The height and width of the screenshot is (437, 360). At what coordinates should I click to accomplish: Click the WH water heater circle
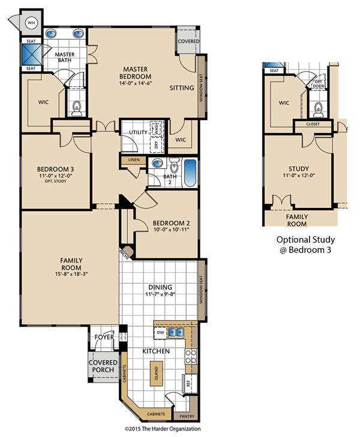(x=32, y=23)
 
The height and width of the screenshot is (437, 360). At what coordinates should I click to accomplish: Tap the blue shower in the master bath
(x=32, y=55)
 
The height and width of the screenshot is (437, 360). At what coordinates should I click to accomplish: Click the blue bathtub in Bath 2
(x=190, y=173)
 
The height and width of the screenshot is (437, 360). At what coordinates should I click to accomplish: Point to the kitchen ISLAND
(x=157, y=373)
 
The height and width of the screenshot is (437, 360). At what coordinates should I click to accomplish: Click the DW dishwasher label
(x=160, y=332)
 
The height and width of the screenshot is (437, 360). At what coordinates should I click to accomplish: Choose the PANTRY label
(x=187, y=416)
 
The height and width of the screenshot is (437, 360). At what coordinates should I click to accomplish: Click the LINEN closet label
(x=133, y=160)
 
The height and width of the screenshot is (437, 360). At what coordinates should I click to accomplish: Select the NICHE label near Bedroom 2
(x=124, y=254)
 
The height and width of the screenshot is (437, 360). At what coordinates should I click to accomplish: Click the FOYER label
(x=104, y=337)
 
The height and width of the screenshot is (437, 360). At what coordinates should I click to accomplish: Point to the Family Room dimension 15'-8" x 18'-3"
(x=71, y=274)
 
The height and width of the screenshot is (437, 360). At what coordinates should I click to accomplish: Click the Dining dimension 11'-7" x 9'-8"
(x=160, y=294)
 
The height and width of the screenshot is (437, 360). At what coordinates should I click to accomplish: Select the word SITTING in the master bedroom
(x=182, y=88)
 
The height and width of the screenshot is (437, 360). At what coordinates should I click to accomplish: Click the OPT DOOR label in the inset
(x=318, y=84)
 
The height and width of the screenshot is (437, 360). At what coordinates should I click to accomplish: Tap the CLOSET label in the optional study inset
(x=313, y=124)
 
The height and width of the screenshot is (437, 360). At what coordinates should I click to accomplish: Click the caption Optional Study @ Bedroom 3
(x=305, y=245)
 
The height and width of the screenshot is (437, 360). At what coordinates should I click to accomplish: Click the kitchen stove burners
(x=191, y=357)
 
